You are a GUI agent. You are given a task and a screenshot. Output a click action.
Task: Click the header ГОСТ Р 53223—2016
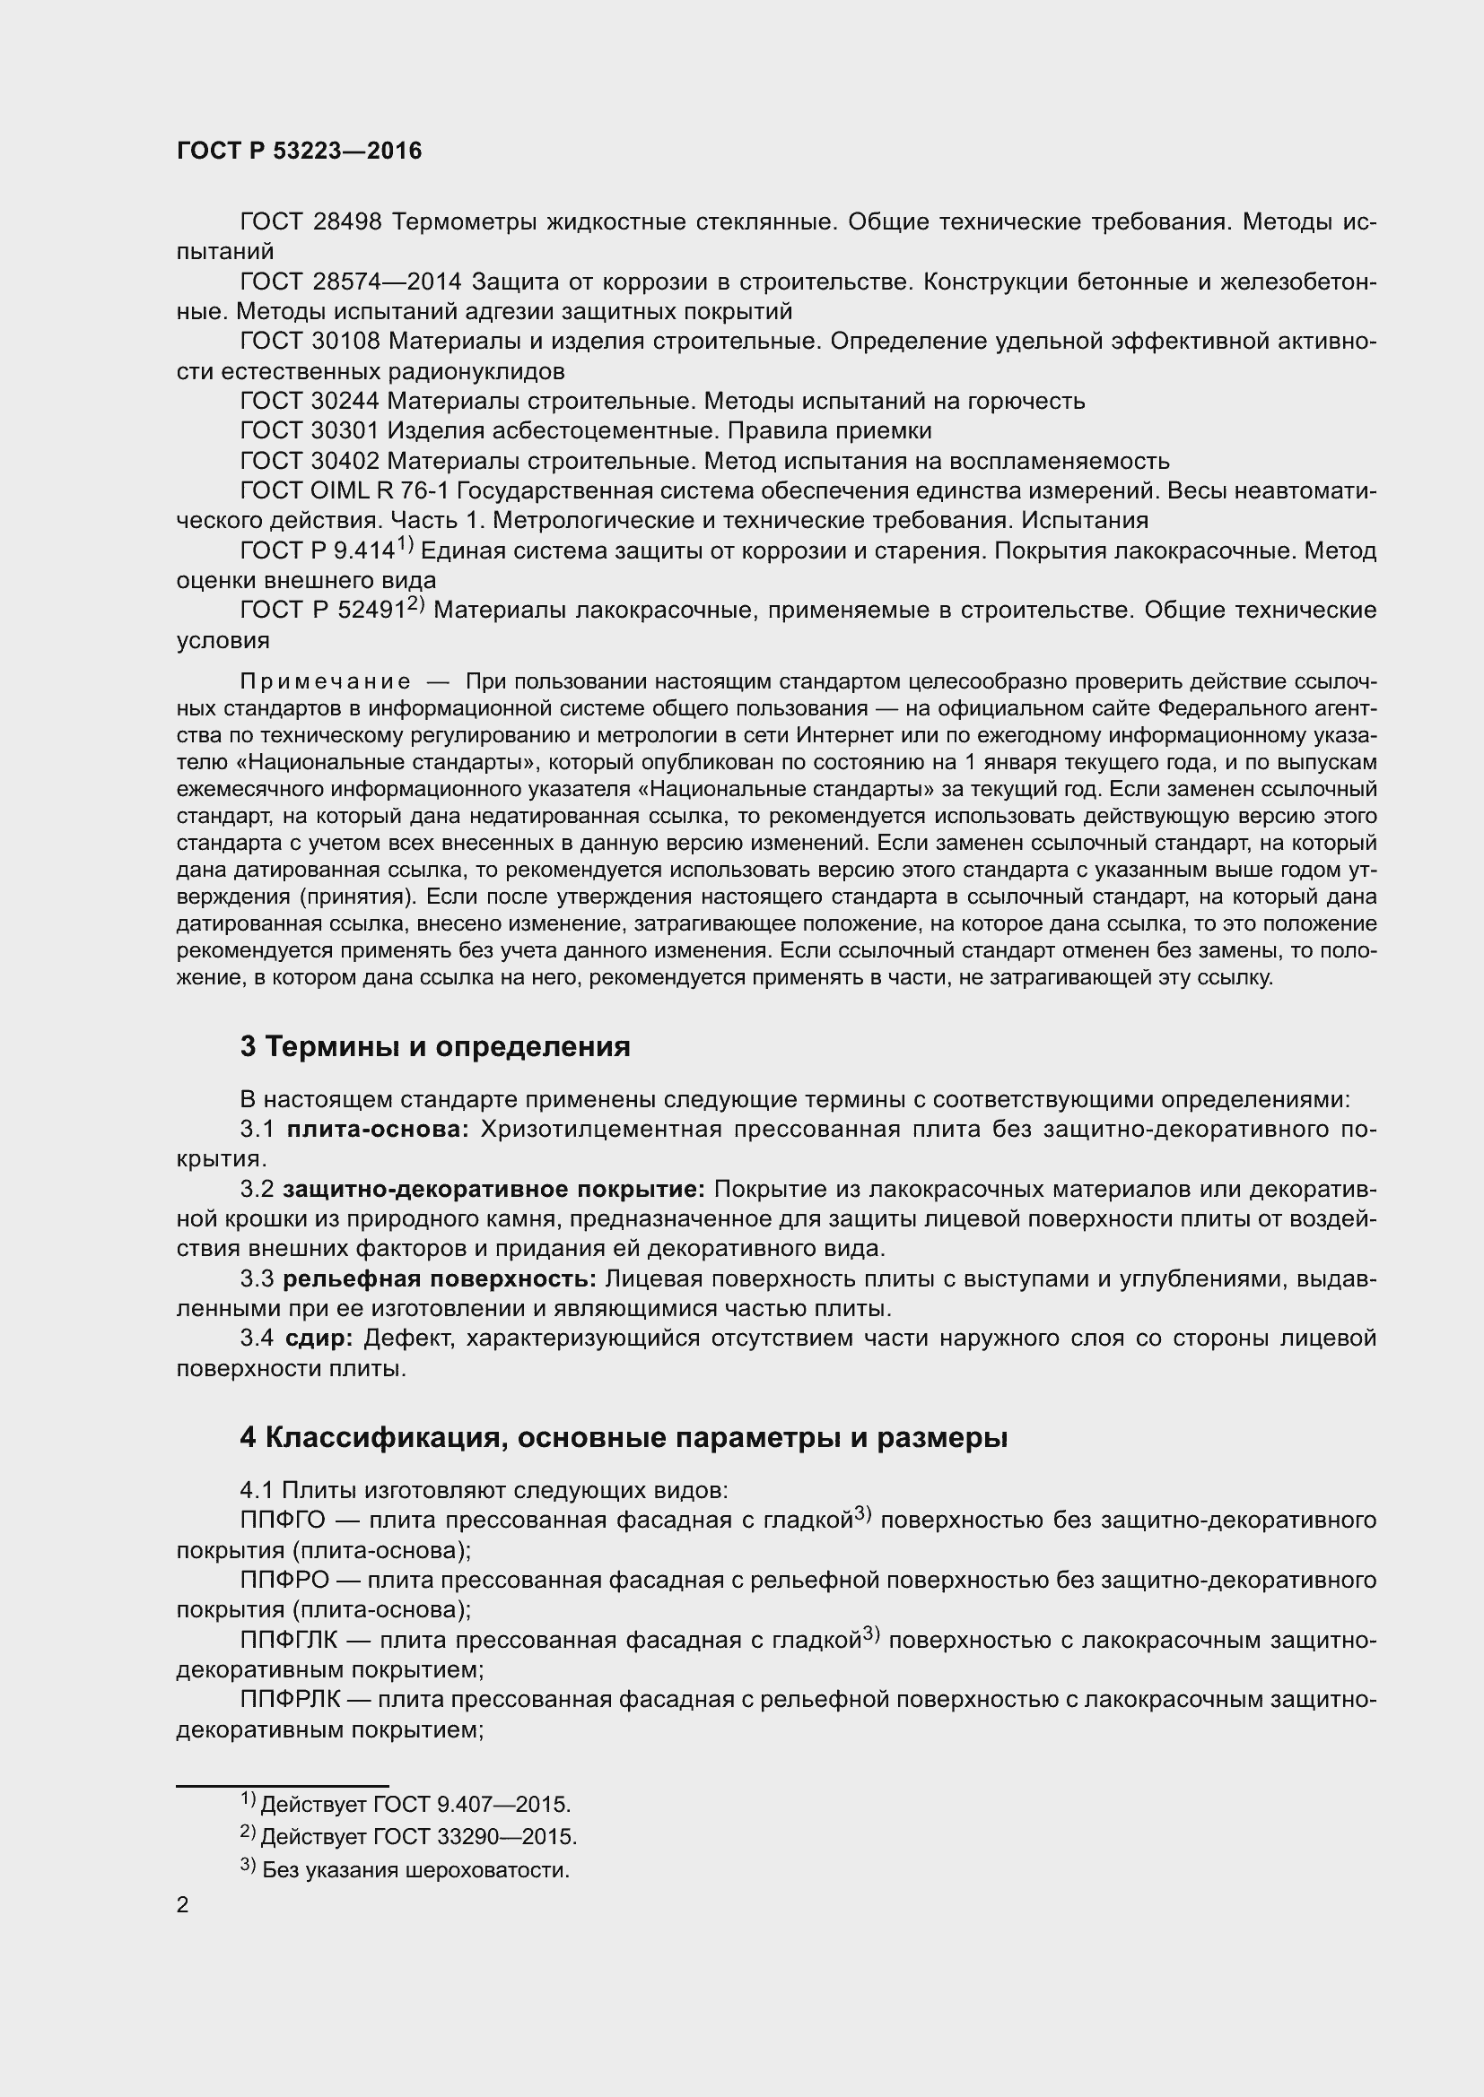point(299,152)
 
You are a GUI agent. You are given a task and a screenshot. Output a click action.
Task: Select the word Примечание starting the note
point(325,682)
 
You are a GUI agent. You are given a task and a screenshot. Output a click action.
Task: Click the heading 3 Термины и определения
point(435,1046)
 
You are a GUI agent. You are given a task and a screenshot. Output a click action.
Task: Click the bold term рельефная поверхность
point(439,1279)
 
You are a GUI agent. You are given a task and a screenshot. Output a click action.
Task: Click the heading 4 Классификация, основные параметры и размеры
point(624,1437)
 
